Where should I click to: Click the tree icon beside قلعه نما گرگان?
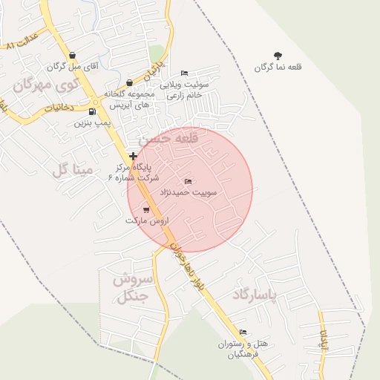coord(278,56)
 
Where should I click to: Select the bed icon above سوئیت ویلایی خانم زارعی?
coord(185,72)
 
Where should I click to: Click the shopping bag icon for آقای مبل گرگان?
coord(72,56)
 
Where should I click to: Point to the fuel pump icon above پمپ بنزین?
coord(91,112)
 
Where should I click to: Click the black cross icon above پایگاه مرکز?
coord(133,156)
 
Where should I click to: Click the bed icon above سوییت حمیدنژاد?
coord(187,182)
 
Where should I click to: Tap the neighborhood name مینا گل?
coord(72,170)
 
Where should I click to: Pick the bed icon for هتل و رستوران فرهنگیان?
coord(243,332)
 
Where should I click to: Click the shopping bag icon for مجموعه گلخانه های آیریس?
coord(130,82)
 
